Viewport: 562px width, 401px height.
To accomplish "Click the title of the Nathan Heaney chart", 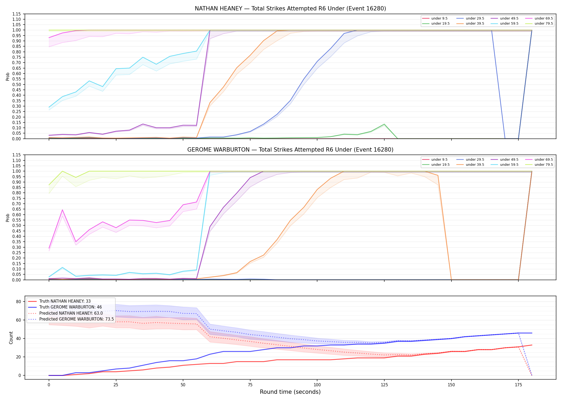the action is (x=290, y=9).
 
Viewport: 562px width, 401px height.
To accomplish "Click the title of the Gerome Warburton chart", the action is (x=290, y=150).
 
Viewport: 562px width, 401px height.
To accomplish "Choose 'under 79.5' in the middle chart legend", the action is (x=544, y=165).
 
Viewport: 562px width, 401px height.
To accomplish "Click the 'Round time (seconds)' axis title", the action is (x=290, y=392).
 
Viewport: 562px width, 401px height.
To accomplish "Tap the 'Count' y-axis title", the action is (x=11, y=338).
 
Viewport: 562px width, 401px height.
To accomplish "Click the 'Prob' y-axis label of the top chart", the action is (x=7, y=76).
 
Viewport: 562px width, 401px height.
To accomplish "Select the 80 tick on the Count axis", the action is (x=18, y=302).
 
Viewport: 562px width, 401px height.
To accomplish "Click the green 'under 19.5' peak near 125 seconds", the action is (x=384, y=124).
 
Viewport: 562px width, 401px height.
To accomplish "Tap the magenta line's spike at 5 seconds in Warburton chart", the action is (x=62, y=210).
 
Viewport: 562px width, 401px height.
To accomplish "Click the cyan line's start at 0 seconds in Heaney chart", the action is (x=49, y=107).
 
